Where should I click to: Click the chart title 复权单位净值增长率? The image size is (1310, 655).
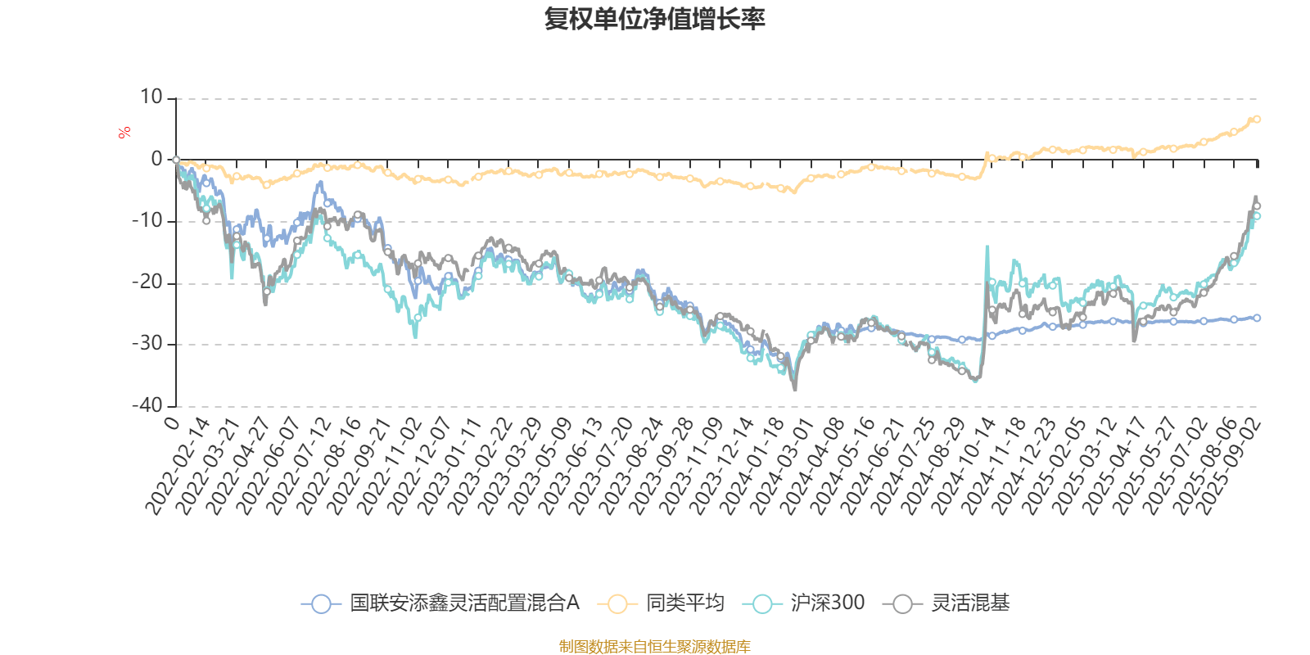coord(654,19)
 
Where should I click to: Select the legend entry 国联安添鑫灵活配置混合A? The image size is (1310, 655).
coord(464,603)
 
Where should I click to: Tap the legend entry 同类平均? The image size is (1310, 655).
coord(684,603)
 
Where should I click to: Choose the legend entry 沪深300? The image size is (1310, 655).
coord(827,603)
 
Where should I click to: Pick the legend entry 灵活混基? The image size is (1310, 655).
coord(969,603)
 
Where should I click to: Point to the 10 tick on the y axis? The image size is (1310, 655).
coord(151,97)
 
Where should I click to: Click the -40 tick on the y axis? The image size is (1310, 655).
coord(147,405)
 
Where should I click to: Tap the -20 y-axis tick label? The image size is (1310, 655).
coord(147,282)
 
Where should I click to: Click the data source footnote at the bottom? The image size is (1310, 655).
coord(654,647)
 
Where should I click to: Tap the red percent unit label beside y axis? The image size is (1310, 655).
coord(124,133)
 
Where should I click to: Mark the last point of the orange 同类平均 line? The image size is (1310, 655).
coord(1257,120)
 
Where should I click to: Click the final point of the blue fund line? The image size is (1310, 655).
coord(1257,318)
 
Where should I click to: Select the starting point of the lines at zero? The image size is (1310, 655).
coord(176,160)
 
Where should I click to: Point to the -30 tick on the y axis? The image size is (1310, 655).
coord(147,344)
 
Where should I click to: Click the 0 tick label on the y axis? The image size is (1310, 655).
coord(157,160)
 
